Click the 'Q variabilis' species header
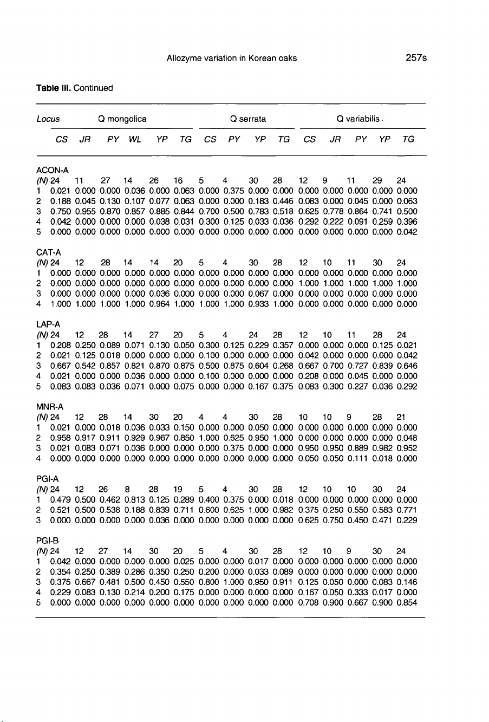tap(356, 118)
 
